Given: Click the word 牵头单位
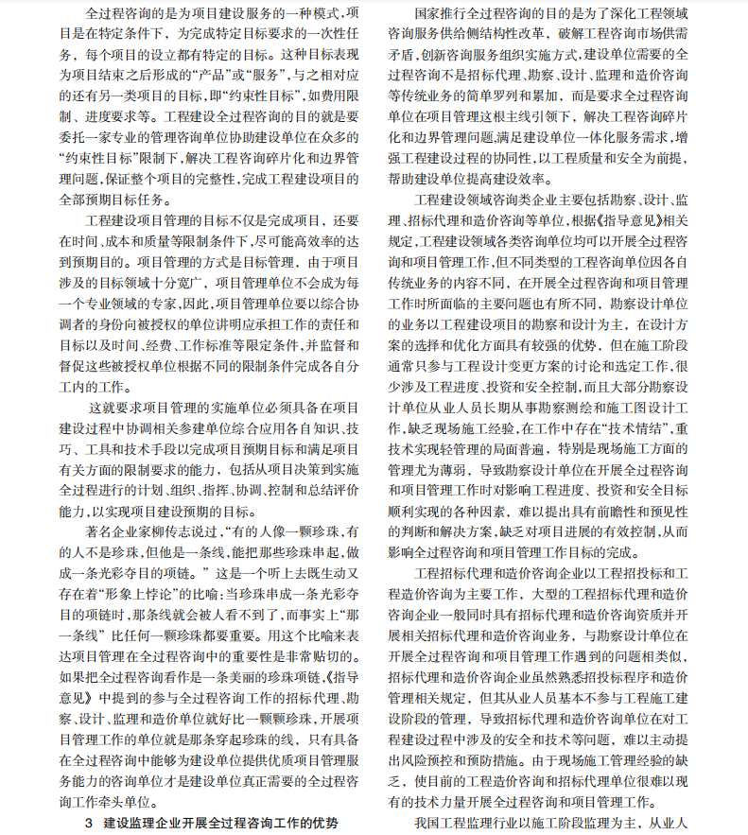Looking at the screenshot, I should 123,802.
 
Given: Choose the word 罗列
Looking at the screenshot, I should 548,96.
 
